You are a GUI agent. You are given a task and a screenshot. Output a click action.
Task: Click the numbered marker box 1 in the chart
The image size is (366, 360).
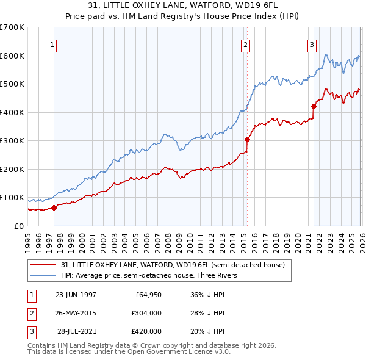tap(52, 44)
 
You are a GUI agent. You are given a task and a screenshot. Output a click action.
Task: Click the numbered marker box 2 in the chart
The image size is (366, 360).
tap(245, 44)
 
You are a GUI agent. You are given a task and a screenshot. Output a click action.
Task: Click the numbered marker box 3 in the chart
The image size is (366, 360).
tap(312, 44)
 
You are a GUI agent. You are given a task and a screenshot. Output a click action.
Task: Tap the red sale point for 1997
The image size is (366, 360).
tap(54, 207)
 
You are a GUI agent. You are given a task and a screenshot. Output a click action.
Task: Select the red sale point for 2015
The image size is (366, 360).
tap(247, 139)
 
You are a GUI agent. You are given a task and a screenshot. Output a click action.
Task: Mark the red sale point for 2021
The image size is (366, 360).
tap(314, 106)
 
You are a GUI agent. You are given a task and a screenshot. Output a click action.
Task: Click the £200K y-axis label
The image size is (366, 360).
tap(12, 169)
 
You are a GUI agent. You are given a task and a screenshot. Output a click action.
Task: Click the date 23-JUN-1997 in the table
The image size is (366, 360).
tap(76, 294)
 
